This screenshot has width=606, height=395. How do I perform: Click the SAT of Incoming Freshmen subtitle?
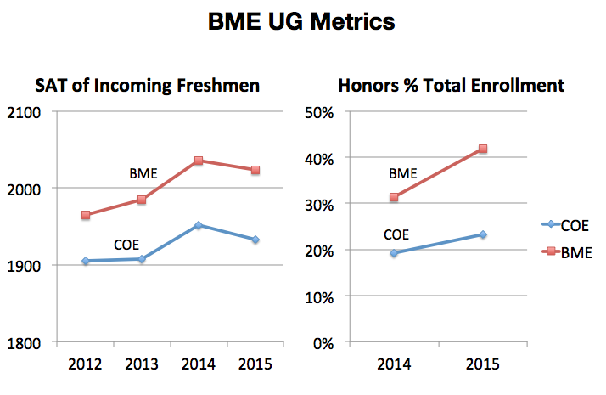point(148,86)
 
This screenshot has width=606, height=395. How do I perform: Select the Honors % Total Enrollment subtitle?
point(452,86)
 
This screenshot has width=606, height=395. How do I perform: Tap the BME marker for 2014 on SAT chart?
point(198,161)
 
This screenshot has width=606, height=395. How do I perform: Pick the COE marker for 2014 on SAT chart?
point(198,225)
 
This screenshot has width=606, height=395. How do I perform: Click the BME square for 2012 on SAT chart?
point(86,215)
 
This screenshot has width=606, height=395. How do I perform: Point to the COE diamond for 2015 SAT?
point(254,240)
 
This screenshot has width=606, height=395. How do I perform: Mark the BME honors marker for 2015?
point(482,149)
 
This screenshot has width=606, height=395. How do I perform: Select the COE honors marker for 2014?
point(393,253)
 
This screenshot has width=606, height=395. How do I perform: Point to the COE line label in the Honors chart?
point(396,234)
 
